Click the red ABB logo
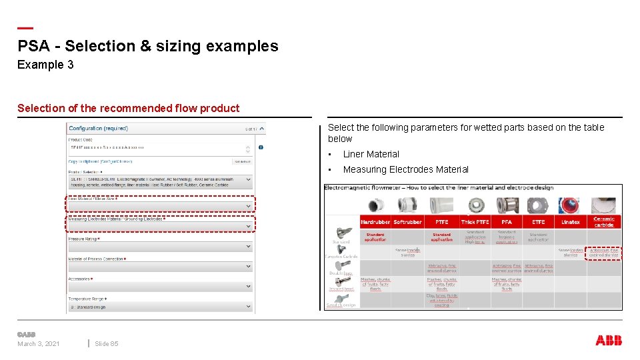click(x=609, y=341)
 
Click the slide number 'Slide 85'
click(x=106, y=344)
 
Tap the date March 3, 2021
click(x=39, y=344)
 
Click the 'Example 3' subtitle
click(x=45, y=65)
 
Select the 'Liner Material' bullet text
click(x=371, y=154)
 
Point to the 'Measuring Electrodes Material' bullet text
click(x=405, y=169)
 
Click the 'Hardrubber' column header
click(x=375, y=222)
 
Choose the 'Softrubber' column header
click(x=408, y=222)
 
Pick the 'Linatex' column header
click(x=571, y=222)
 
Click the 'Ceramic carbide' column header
click(x=604, y=221)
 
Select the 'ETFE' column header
click(x=539, y=222)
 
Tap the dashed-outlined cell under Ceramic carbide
click(x=604, y=253)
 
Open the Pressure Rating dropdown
click(x=160, y=247)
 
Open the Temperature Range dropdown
click(x=160, y=307)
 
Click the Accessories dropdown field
click(x=160, y=287)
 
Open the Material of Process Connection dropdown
click(x=160, y=267)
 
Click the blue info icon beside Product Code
click(x=261, y=147)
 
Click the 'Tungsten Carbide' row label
click(x=341, y=256)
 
